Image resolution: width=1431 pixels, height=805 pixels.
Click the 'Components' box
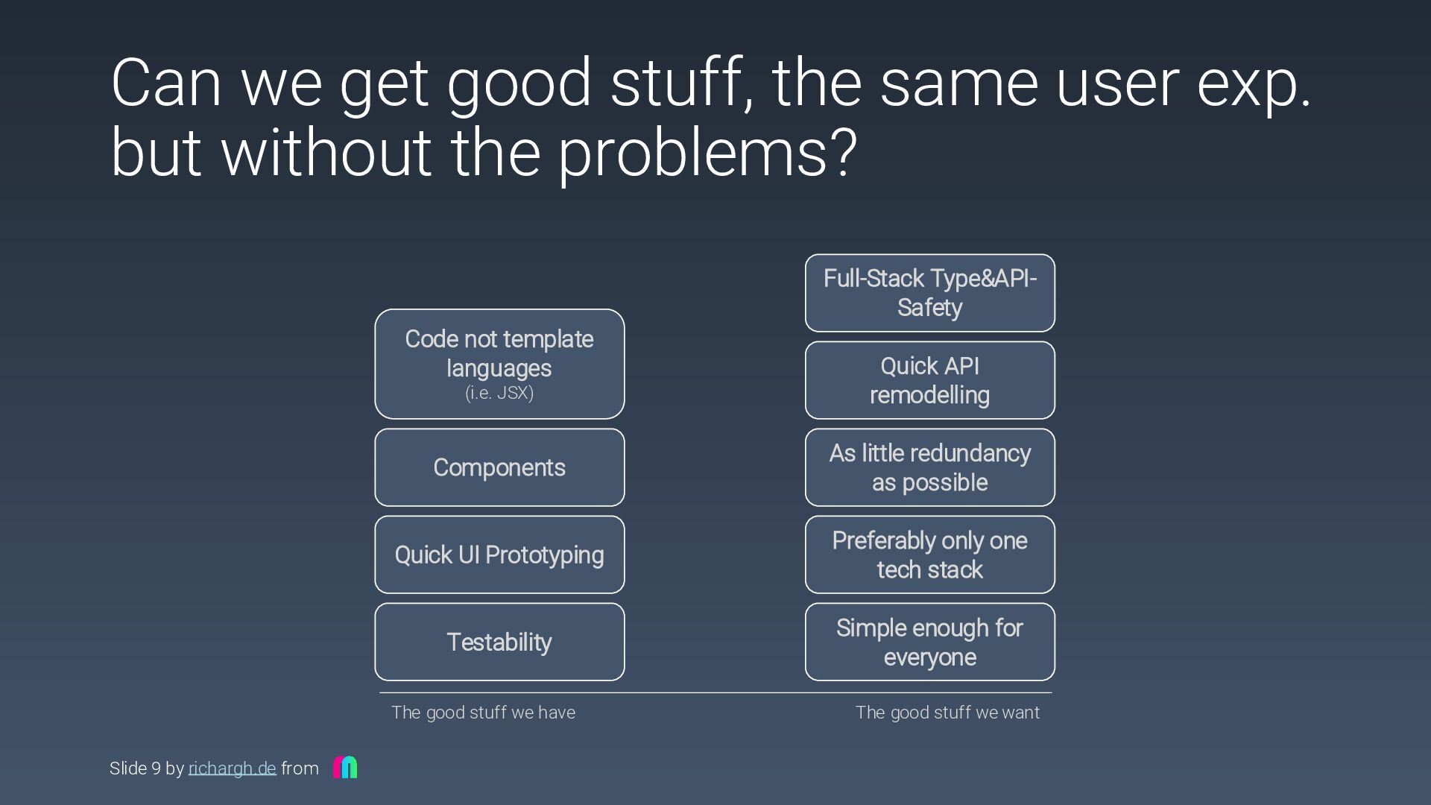point(499,467)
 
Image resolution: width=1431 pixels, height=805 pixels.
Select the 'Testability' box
point(499,642)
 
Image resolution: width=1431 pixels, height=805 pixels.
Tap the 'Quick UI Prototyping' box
point(499,555)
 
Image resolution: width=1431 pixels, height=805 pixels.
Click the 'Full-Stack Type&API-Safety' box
point(929,293)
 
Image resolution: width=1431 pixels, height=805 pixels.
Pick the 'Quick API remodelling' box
point(929,380)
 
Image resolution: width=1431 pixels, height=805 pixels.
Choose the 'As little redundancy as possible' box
point(929,467)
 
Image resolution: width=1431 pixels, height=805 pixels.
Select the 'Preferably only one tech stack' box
point(929,555)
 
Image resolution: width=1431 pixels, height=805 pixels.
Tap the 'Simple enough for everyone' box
point(929,642)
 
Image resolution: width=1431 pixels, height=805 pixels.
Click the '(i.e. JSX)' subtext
point(499,393)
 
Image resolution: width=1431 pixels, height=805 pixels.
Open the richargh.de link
point(232,768)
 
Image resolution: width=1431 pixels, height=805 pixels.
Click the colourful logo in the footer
point(345,767)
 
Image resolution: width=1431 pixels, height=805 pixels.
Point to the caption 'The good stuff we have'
point(483,713)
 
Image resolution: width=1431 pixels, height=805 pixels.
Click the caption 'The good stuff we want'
point(947,713)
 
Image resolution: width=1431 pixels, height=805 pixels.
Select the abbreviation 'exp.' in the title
point(1254,83)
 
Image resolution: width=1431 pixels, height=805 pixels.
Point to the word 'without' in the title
point(326,154)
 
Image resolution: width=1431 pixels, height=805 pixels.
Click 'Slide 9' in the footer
point(135,768)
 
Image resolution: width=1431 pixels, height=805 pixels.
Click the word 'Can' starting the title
point(165,83)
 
